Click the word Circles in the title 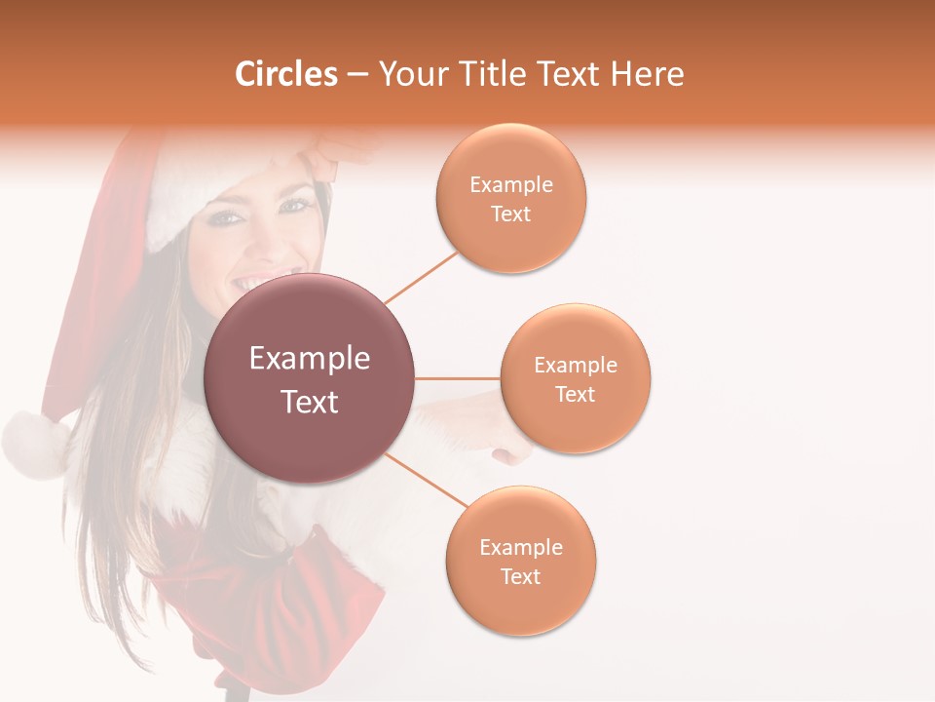[285, 74]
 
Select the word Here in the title [649, 74]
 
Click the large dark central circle [310, 378]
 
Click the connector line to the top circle [421, 277]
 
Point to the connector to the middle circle [458, 378]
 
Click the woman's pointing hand [511, 451]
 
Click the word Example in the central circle [310, 359]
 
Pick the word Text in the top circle [511, 214]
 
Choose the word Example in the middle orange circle [576, 365]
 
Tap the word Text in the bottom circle [521, 576]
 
